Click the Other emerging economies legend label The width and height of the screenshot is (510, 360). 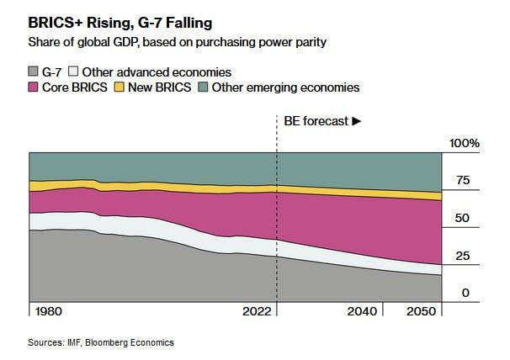[x=285, y=87]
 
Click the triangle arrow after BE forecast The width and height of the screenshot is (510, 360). [x=357, y=121]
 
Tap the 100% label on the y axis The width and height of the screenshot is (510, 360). [x=464, y=144]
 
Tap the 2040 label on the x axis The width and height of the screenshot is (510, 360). [x=362, y=312]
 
